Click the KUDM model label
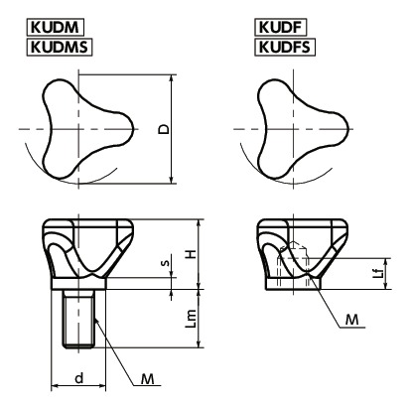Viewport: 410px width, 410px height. [x=55, y=27]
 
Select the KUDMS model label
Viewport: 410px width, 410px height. [x=60, y=47]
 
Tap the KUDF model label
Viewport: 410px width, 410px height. [x=281, y=27]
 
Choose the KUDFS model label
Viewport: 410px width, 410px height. [x=285, y=47]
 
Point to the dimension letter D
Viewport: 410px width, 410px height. [x=164, y=129]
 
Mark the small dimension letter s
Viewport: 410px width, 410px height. [x=167, y=263]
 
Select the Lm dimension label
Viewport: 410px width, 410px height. [x=191, y=319]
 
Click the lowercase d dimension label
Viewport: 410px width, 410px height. [x=78, y=377]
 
